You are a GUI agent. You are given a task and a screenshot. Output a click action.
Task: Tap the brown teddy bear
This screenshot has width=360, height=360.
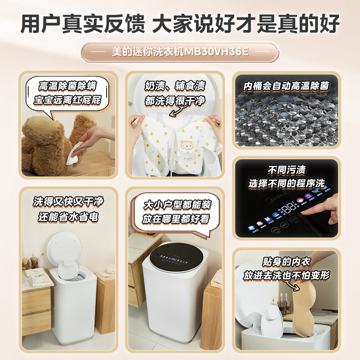(x=50, y=141)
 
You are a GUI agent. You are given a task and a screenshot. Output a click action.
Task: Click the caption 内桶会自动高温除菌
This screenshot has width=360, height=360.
(x=286, y=86)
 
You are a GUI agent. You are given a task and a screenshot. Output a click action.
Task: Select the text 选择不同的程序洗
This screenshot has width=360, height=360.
(x=286, y=184)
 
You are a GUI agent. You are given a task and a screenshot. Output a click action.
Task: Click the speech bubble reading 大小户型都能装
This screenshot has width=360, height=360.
(x=175, y=204)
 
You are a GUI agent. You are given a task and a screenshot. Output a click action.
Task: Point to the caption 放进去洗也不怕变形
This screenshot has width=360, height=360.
(x=286, y=275)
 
